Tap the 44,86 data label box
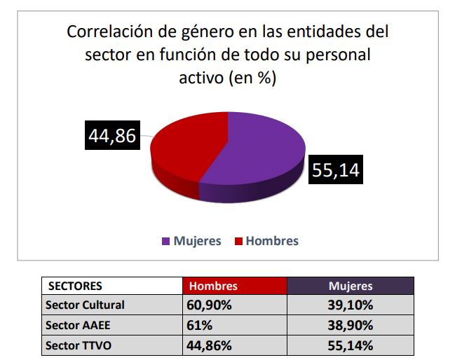111,135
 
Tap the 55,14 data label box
335,170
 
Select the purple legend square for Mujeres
165,241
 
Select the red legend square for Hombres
238,241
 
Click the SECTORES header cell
75,286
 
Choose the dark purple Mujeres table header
351,286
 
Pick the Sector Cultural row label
85,305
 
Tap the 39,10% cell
351,305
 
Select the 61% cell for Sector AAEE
198,325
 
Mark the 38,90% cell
351,325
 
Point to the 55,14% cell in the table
351,345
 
